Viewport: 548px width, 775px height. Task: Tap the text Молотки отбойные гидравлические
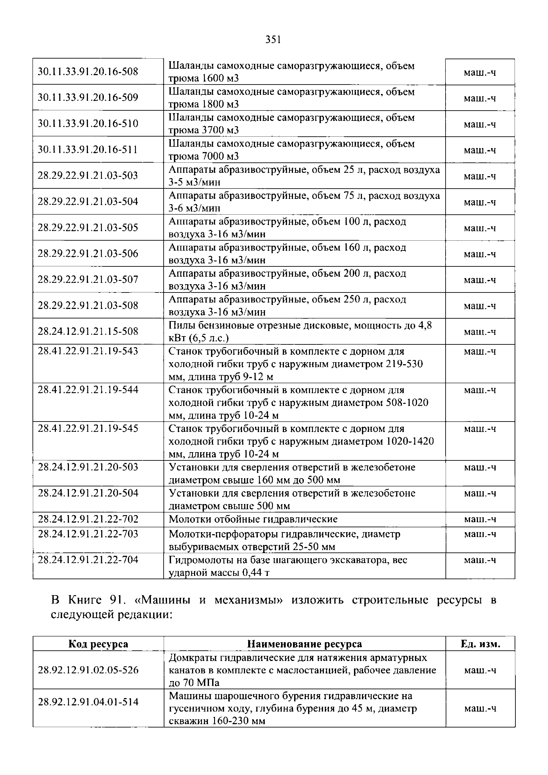tap(253, 519)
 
